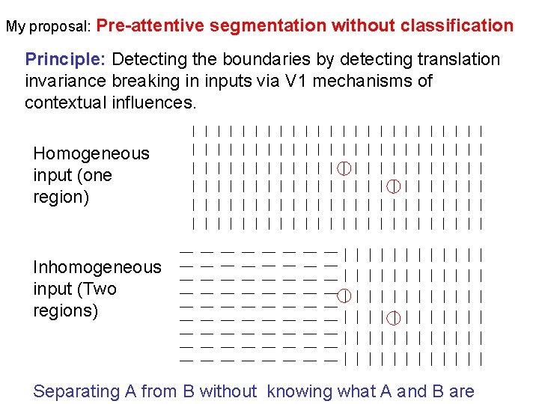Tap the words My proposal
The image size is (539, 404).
coord(49,26)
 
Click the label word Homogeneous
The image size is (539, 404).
coord(91,153)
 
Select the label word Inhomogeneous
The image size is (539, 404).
coord(97,267)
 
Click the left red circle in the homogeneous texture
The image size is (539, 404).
coord(344,167)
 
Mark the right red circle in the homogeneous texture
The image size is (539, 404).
coord(393,186)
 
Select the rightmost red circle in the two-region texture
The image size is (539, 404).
coord(393,318)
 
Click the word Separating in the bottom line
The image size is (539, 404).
coord(76,391)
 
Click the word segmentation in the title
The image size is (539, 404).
coord(268,25)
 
